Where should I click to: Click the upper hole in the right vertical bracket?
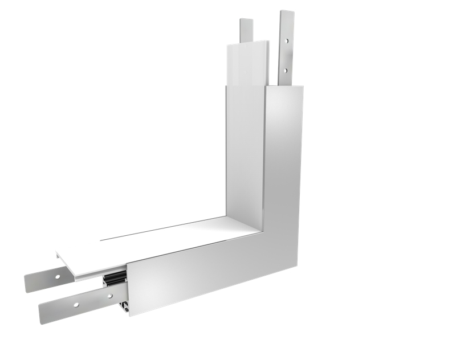(287, 42)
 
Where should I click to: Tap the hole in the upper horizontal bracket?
(56, 276)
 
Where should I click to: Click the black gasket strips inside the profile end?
(114, 280)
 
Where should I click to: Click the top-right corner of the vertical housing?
(303, 87)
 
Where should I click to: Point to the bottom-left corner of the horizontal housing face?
(129, 316)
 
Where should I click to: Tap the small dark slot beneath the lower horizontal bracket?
(122, 308)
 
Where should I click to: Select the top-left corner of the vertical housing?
(226, 87)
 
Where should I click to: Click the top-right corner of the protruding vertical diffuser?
(267, 40)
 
